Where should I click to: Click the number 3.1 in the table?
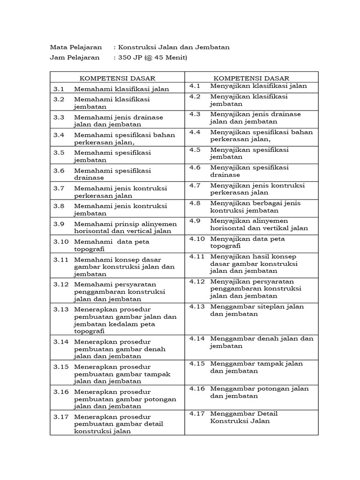tap(58, 88)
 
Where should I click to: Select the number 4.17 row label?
tap(197, 413)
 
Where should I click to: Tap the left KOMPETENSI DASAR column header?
tap(117, 78)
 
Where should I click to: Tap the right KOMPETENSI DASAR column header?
tap(252, 78)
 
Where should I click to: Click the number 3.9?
tap(58, 224)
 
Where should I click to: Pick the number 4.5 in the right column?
tap(195, 150)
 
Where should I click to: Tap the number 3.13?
tap(61, 309)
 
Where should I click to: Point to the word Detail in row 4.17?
tap(269, 413)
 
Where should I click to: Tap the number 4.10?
tap(197, 239)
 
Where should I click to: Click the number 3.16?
tap(61, 392)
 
